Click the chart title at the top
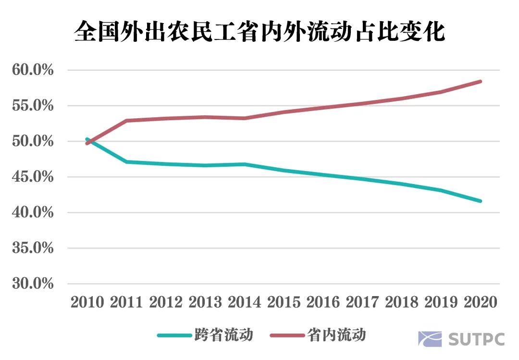click(259, 32)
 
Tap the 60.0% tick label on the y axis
click(32, 71)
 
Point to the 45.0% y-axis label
click(32, 177)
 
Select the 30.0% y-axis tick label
click(32, 284)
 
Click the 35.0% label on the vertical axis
click(32, 248)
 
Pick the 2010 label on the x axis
click(87, 302)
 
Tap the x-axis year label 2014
click(244, 302)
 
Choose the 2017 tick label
click(362, 302)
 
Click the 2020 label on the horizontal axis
click(480, 302)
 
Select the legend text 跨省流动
click(223, 335)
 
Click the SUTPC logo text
click(476, 338)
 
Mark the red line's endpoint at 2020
click(480, 82)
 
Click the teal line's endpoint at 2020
click(480, 201)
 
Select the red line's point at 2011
click(126, 121)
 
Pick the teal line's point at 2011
click(126, 162)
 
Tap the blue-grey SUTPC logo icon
click(430, 338)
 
